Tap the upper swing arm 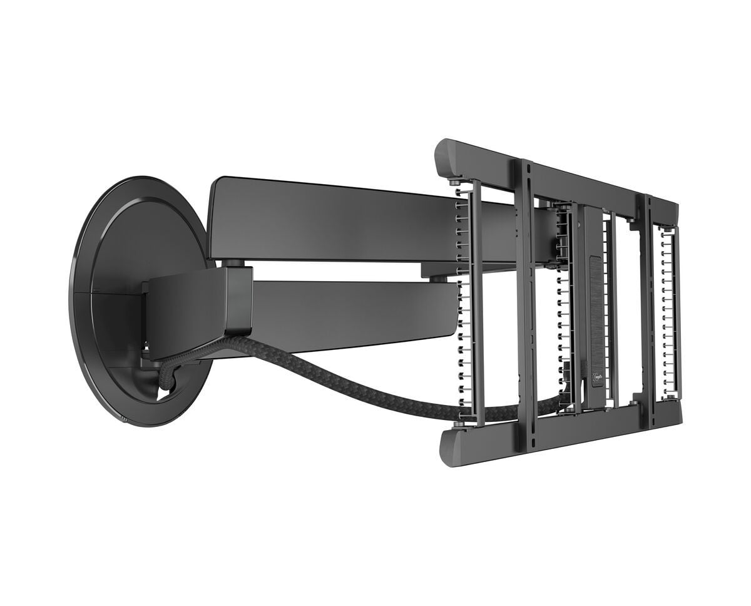tap(325, 219)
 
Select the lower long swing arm tap(350, 307)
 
